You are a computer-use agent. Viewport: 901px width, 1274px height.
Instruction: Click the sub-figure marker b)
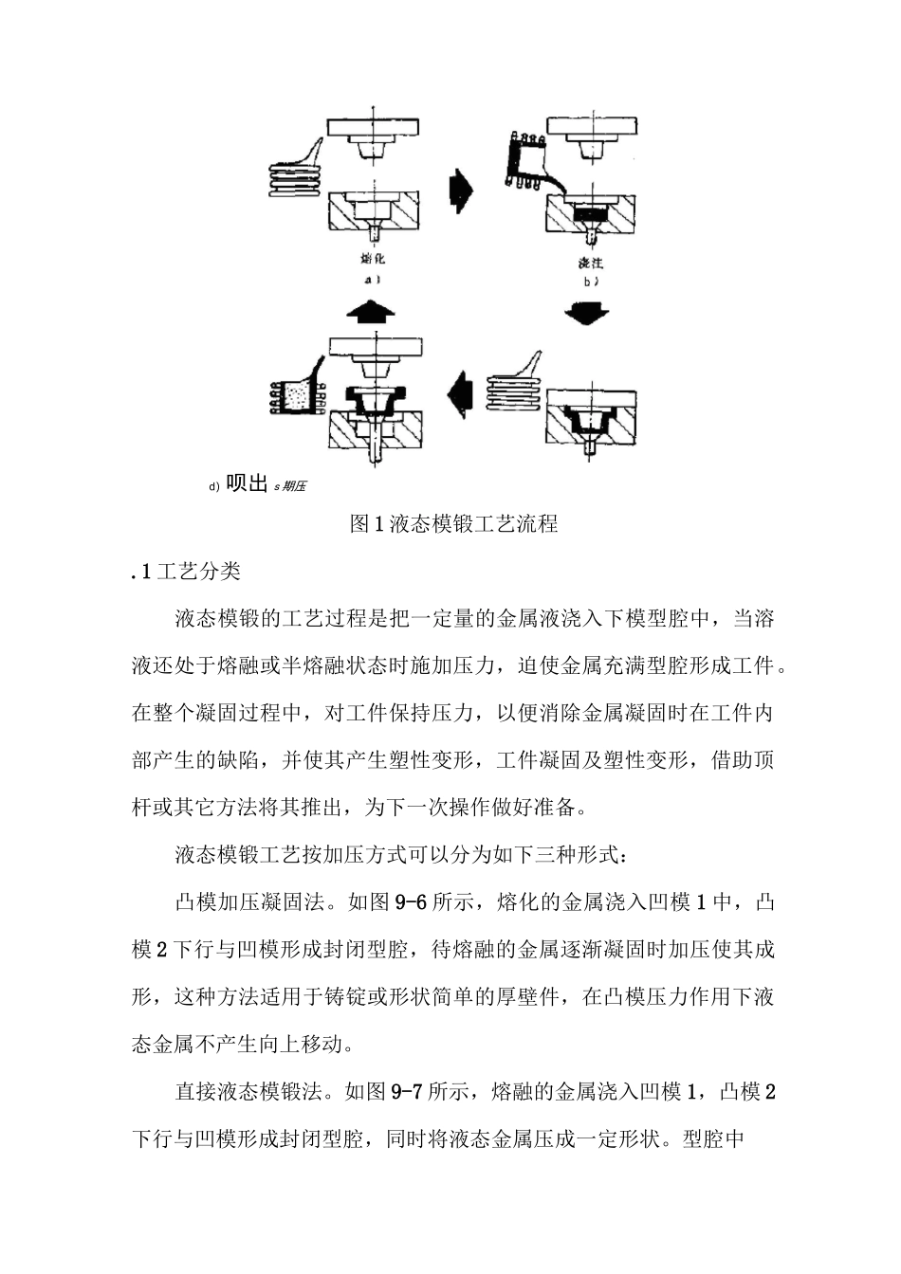click(x=592, y=282)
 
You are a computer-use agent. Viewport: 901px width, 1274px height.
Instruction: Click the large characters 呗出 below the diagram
click(x=246, y=483)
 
